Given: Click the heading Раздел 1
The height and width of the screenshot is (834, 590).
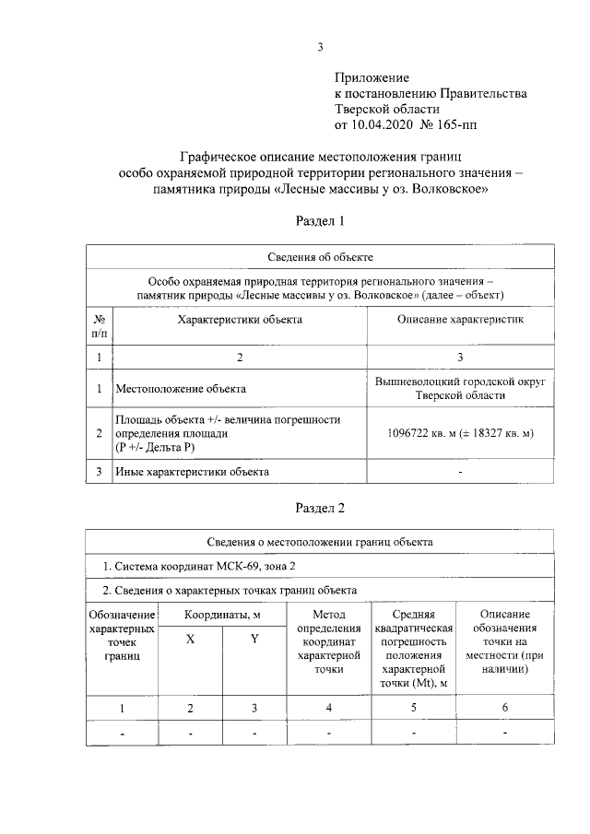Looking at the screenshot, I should point(320,221).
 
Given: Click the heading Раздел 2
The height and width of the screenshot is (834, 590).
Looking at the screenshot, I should point(320,507).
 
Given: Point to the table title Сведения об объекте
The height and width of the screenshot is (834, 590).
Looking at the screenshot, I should point(320,257).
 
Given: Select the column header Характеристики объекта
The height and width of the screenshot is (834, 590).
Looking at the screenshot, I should point(239,319).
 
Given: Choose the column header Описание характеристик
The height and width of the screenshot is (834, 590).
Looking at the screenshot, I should point(460,319).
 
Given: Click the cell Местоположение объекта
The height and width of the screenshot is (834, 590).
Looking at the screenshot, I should point(181,389).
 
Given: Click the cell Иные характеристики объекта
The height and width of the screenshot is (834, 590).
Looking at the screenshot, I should point(192,472).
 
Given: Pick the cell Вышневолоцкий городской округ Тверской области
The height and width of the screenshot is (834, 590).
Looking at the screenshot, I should point(460,388).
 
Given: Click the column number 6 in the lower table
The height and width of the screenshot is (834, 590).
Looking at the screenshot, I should point(504,708).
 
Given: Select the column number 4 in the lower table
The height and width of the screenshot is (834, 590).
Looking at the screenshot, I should point(328,708).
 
